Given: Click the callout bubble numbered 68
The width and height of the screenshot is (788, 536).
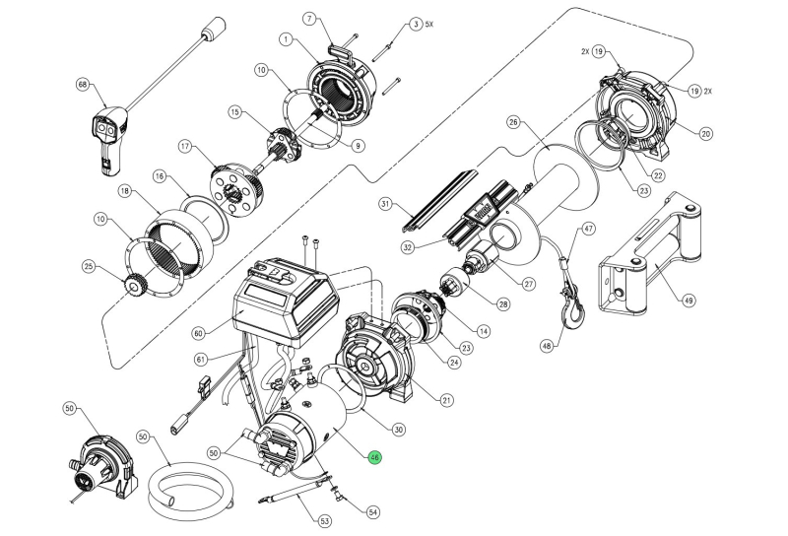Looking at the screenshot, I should click(x=83, y=86).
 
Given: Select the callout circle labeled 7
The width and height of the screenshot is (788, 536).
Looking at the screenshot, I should click(x=307, y=19).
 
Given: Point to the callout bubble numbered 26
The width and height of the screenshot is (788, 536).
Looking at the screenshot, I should click(x=512, y=122).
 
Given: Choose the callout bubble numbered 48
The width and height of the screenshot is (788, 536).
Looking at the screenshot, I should click(x=548, y=345).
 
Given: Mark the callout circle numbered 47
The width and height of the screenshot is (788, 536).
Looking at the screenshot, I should click(x=589, y=229).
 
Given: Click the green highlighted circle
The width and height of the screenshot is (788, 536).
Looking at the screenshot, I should click(x=374, y=457).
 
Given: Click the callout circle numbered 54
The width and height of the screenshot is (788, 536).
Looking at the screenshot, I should click(x=372, y=512).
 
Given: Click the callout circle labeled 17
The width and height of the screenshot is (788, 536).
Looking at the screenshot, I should click(x=184, y=148).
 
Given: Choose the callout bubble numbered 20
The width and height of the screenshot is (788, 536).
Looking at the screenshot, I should click(x=706, y=133).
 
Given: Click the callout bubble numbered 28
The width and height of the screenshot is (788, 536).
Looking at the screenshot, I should click(x=504, y=305).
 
